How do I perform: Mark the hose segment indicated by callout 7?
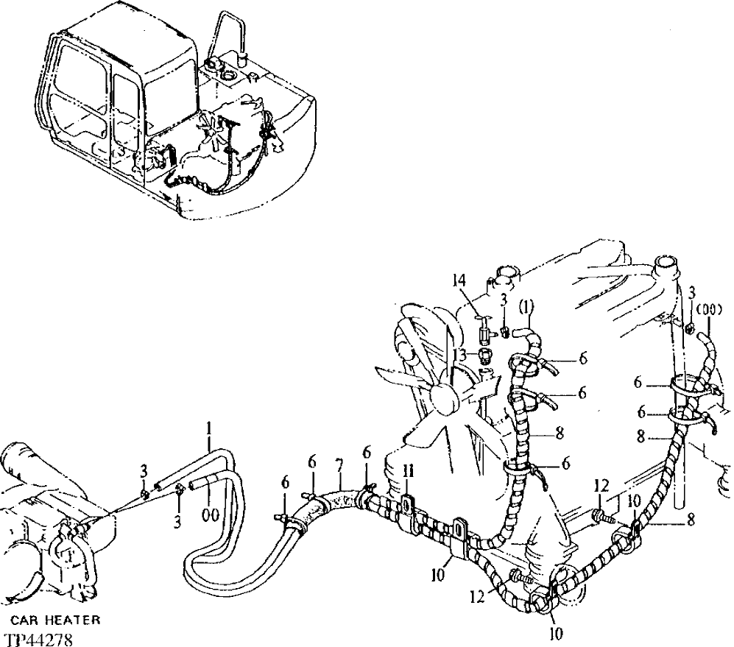pyautogui.click(x=338, y=501)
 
